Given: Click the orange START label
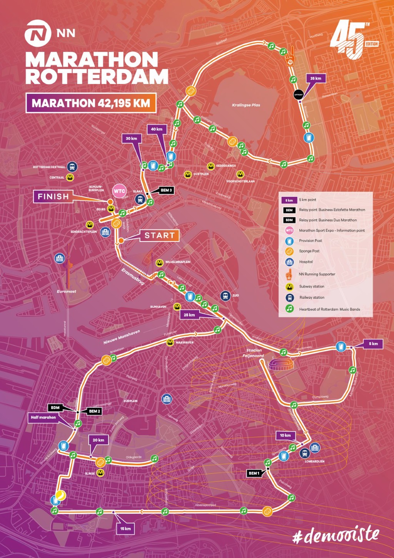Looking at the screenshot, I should (x=159, y=235).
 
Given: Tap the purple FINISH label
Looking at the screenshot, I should (x=53, y=196).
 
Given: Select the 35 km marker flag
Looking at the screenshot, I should (x=316, y=79).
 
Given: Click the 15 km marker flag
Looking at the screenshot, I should (x=125, y=529).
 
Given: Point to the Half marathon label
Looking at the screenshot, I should (x=43, y=417).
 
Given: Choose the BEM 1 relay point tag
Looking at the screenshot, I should (x=254, y=473).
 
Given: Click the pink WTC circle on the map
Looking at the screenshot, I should (x=119, y=191).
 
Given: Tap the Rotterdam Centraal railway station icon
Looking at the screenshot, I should (x=72, y=167).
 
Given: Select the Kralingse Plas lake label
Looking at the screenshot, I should (x=246, y=105).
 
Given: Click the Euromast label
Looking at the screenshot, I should (x=67, y=292).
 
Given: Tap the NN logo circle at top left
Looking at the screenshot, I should (x=38, y=34).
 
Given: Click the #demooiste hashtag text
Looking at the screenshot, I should (x=336, y=536).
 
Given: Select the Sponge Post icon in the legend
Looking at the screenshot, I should (x=289, y=251).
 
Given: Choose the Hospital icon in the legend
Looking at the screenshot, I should (x=289, y=262).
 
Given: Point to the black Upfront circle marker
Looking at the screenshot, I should (x=299, y=94).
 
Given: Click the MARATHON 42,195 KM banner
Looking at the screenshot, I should (x=91, y=103).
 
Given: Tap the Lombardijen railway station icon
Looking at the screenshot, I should (x=305, y=453).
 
